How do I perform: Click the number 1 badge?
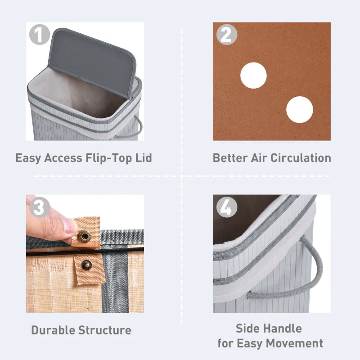40,35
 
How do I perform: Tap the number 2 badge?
226,35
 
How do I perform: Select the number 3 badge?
40,207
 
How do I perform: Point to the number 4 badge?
226,207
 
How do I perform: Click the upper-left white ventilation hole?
253,76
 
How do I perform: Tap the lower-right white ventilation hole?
299,110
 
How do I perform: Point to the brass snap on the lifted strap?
84,236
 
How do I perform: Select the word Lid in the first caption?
142,158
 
